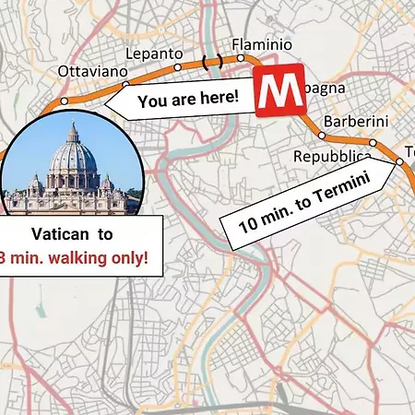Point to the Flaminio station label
(261, 44)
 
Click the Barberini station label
(355, 122)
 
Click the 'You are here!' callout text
(188, 99)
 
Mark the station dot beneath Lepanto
(127, 85)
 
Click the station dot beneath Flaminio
(242, 57)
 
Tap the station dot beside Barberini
(322, 136)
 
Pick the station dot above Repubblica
(373, 142)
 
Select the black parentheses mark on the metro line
(212, 61)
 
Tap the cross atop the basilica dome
(72, 125)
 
